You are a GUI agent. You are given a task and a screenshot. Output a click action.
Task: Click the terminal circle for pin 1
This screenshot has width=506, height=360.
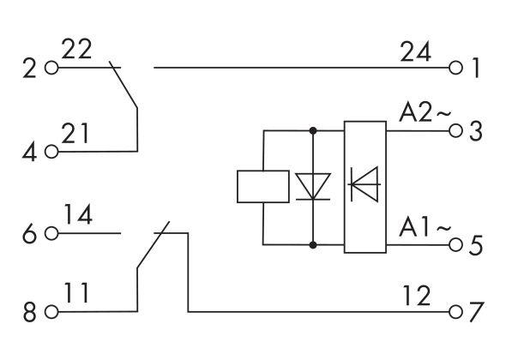click(x=455, y=67)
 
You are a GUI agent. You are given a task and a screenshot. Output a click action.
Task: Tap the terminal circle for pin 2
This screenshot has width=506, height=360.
click(x=51, y=67)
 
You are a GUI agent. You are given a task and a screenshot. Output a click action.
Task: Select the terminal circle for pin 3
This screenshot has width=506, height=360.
click(x=455, y=131)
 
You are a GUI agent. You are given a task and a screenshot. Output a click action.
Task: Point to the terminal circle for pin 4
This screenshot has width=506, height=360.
click(x=51, y=152)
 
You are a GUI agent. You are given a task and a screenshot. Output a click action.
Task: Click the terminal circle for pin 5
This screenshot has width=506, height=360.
click(x=455, y=244)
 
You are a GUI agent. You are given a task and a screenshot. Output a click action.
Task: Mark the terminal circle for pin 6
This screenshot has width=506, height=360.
click(x=51, y=231)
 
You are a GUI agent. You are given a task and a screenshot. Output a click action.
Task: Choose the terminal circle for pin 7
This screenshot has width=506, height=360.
click(x=455, y=311)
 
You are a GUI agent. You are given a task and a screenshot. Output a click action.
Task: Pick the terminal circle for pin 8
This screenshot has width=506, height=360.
click(x=51, y=311)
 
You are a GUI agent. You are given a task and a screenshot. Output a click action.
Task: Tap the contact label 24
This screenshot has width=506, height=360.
click(x=418, y=52)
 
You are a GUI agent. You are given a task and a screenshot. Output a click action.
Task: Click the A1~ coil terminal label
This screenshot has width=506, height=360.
click(x=420, y=228)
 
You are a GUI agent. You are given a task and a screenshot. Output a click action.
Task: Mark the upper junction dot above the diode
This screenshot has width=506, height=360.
click(x=312, y=131)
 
